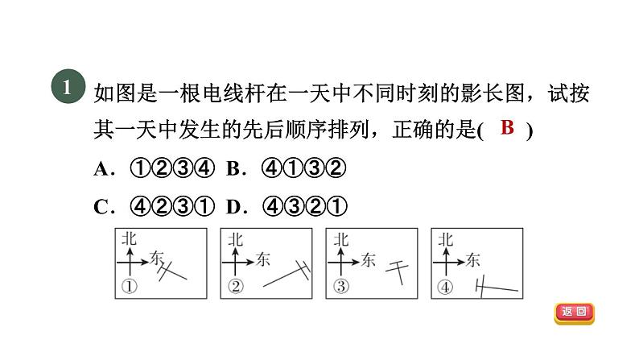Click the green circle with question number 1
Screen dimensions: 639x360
[67, 89]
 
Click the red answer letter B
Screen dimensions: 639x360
[506, 127]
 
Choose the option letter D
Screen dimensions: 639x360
[233, 207]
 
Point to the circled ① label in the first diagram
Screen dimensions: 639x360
[127, 286]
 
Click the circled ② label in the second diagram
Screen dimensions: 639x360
[235, 286]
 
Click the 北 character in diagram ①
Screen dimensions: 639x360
[128, 239]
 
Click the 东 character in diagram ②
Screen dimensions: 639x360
[263, 259]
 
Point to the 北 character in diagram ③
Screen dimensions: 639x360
[341, 239]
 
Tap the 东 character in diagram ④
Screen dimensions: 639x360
[472, 259]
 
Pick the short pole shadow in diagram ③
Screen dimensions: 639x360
[397, 269]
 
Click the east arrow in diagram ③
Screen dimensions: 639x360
[348, 259]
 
